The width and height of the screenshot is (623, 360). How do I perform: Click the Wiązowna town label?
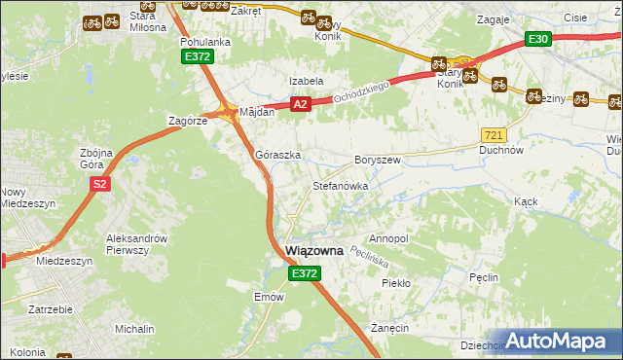click(x=314, y=250)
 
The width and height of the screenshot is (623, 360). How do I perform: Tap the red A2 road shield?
click(x=300, y=104)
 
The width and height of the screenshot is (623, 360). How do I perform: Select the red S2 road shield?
click(x=98, y=182)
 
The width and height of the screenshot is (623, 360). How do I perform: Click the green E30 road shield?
click(x=538, y=39)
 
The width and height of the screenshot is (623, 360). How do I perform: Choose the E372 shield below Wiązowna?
click(x=303, y=274)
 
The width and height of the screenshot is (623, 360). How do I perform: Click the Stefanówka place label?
click(x=338, y=185)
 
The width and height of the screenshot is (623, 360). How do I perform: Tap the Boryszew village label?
click(x=378, y=160)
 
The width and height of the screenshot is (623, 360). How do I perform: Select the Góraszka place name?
click(x=277, y=155)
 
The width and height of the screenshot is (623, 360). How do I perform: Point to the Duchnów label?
click(x=502, y=151)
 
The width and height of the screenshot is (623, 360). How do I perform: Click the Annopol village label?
click(x=388, y=238)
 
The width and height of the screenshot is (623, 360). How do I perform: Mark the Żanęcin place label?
click(x=388, y=329)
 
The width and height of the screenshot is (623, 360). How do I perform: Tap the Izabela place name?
click(x=305, y=81)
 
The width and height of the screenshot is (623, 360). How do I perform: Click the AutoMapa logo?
click(x=563, y=341)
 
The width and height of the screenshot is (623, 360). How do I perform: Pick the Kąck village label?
click(x=526, y=201)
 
